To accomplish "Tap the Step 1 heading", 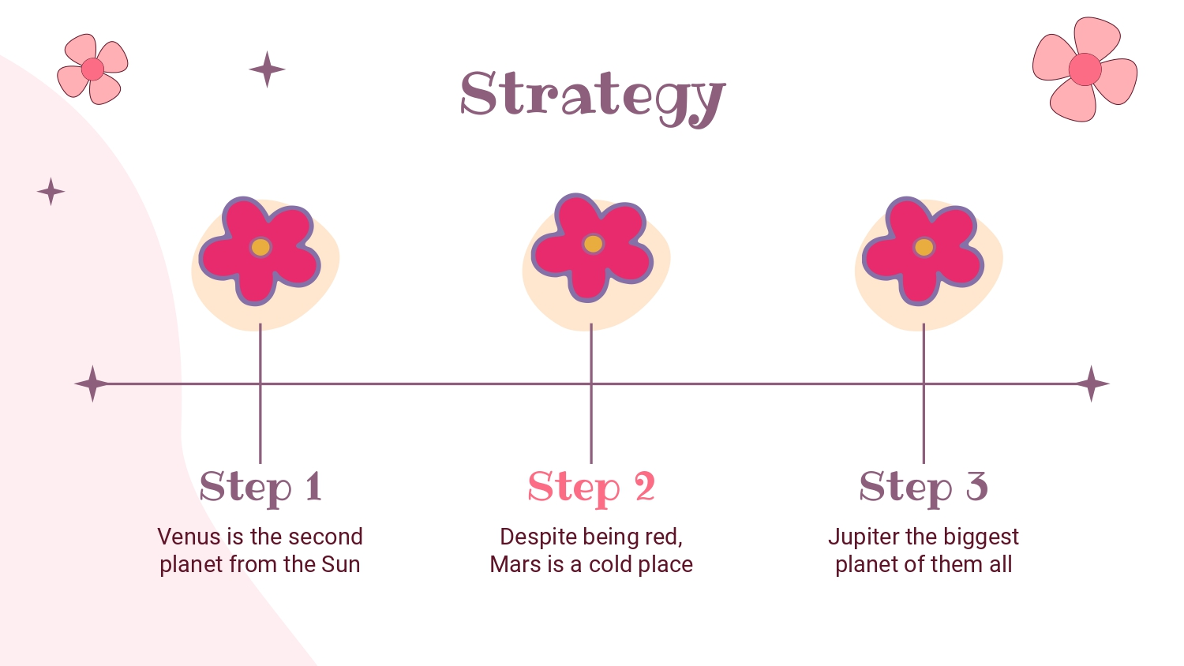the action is [x=260, y=488].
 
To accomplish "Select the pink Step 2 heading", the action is [x=591, y=488].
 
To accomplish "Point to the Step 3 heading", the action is [x=924, y=488].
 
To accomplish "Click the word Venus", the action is [x=189, y=537].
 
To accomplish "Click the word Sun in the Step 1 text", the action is [x=341, y=564].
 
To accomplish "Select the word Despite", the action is [x=536, y=537].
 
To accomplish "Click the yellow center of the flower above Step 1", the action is [x=260, y=247].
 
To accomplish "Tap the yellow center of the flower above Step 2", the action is [x=593, y=244].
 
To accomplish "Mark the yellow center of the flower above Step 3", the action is [x=924, y=247].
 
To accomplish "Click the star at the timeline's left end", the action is [x=92, y=384].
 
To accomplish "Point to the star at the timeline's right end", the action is [x=1092, y=384].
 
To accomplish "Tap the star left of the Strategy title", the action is [x=267, y=69].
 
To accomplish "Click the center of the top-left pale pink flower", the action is [x=92, y=69].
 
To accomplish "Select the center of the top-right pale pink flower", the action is [x=1085, y=69].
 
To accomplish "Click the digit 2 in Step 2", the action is [x=645, y=486].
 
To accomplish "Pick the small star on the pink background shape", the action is [x=51, y=191].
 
